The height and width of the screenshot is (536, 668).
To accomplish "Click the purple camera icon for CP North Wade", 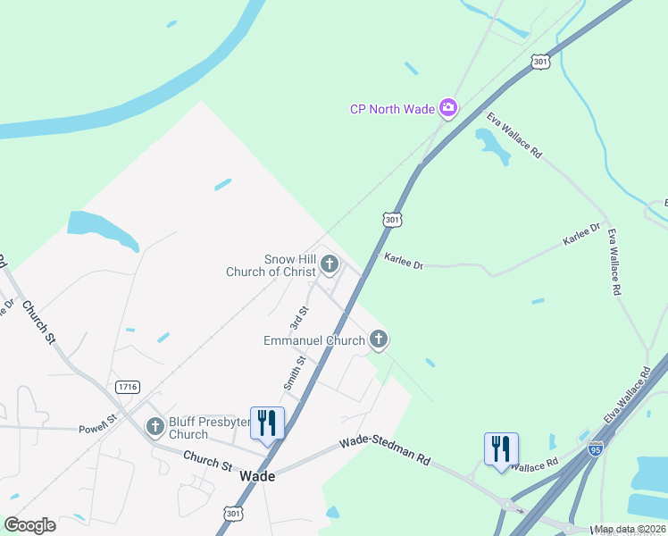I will pos(448,109).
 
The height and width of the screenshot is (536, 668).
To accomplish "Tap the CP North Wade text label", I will pos(392,110).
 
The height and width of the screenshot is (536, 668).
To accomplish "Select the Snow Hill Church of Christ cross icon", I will pos(330,264).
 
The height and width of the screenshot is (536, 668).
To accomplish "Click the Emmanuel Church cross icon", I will pos(379,339).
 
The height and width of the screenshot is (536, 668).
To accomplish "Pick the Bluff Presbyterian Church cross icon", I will pos(155,426).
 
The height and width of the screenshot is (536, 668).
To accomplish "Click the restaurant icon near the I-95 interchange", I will pos(501,448).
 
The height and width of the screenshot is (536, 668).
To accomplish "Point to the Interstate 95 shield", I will pos(596,448).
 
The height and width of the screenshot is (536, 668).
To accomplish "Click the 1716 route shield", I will pos(128,386).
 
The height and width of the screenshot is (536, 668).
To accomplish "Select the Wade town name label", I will pos(257,476).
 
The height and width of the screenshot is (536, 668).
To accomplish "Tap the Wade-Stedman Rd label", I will pos(385,452).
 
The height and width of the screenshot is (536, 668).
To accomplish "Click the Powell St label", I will pos(98,418).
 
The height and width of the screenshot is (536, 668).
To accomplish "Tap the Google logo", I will pos(29,525).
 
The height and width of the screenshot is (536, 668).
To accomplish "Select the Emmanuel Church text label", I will pos(314,340).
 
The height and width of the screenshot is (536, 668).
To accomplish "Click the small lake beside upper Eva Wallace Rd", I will pos(493,145).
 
